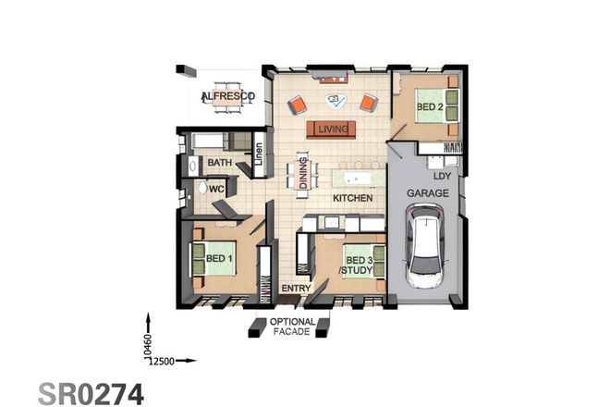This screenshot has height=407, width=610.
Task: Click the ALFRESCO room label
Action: tap(221, 96)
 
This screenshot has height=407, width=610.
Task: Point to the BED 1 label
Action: tap(219, 258)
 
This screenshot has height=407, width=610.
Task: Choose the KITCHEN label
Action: tap(353, 198)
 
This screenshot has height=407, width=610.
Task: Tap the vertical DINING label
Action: tap(303, 174)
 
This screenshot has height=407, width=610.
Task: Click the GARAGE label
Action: tap(428, 193)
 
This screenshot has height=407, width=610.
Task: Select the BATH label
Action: tap(219, 164)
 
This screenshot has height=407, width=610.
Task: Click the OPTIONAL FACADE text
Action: tap(292, 327)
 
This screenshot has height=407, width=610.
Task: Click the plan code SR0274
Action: tap(91, 392)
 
